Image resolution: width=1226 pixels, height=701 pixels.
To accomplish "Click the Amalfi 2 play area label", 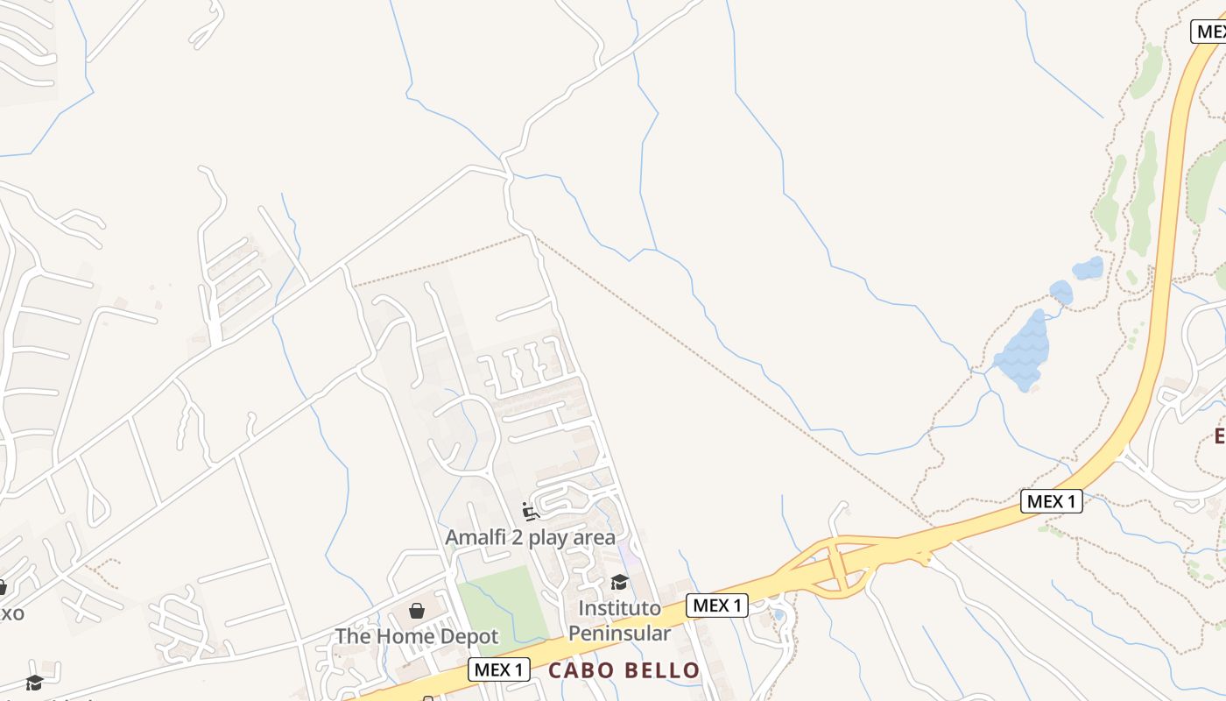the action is click(530, 537).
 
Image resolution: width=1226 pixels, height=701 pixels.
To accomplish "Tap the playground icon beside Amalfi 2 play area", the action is click(529, 511).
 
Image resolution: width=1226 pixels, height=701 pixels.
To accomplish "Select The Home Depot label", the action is click(416, 636).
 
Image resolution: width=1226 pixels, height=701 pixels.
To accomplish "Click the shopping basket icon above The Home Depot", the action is click(417, 611).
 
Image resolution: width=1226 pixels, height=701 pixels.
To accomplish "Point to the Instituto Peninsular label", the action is click(619, 620).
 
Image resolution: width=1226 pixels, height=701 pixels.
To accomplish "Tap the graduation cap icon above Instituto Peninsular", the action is click(619, 582).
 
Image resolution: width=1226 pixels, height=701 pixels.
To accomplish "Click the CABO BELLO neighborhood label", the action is click(624, 671).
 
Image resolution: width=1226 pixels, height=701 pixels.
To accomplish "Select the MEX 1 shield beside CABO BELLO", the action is click(500, 670).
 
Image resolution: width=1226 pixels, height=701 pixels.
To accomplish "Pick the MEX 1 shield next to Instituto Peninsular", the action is click(717, 605).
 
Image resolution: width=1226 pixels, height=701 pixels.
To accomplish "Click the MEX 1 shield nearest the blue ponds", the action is click(1051, 501).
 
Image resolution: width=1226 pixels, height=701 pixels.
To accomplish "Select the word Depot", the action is click(469, 636).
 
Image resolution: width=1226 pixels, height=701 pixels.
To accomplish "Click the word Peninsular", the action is click(619, 633).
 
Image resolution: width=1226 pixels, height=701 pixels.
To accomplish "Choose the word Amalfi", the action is click(476, 537).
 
